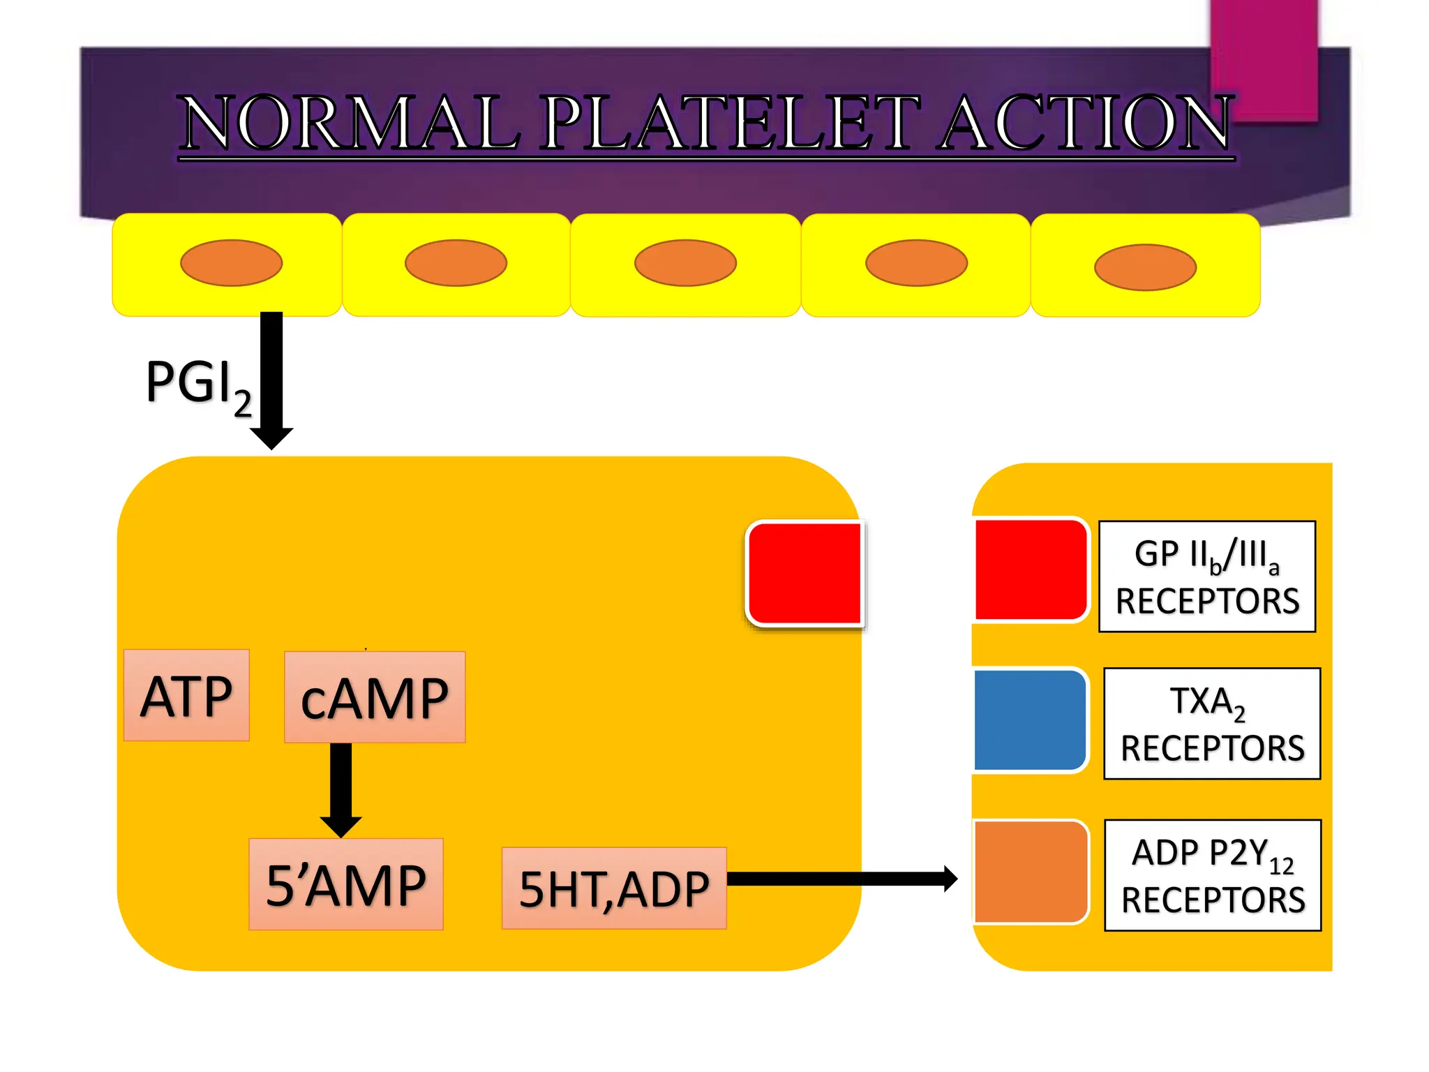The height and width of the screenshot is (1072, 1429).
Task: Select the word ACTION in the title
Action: pos(1086,124)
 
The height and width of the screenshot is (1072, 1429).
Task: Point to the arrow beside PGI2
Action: pos(271,380)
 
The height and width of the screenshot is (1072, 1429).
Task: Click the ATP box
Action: pos(186,695)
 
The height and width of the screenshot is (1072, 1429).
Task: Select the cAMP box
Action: pos(375,697)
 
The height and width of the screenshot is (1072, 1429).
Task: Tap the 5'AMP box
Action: pos(346,884)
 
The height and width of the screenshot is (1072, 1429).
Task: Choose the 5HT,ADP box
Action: pos(614,888)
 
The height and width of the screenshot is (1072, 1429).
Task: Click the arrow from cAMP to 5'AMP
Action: pos(341,789)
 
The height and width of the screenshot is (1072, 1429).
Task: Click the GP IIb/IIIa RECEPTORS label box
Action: pos(1207,576)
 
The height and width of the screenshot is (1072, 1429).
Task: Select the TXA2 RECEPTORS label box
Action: pos(1212,724)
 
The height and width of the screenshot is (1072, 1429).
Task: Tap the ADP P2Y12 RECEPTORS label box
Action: pos(1213,875)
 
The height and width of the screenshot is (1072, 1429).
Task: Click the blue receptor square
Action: pos(1030,720)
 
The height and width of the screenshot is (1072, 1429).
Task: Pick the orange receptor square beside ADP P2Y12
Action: pos(1031,872)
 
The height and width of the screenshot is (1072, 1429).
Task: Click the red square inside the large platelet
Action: pos(805,573)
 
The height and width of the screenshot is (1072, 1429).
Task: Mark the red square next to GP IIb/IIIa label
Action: pos(1031,569)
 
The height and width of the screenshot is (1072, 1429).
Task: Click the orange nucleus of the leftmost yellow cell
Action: pos(231,263)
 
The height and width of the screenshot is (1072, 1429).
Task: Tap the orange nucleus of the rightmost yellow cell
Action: pos(1145,267)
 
